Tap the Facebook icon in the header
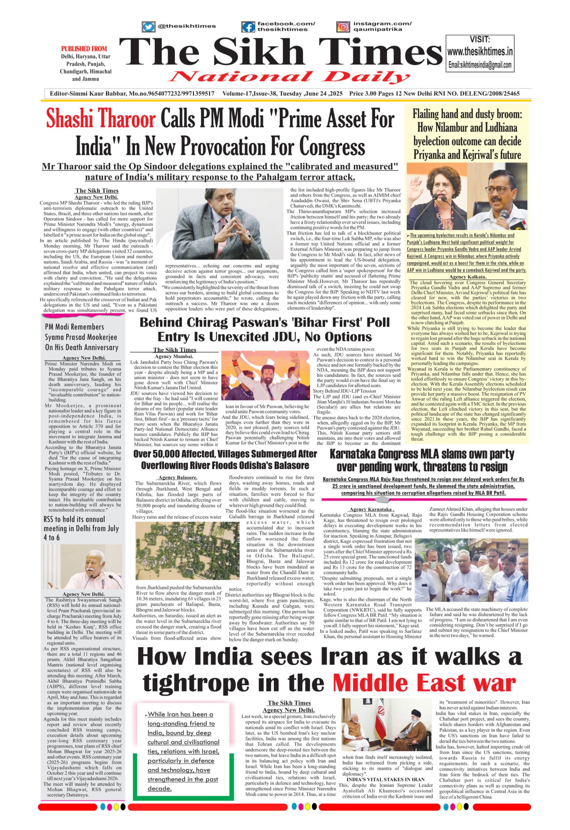coord(247,27)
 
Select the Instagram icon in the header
coord(343,27)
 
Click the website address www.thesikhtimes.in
coord(480,52)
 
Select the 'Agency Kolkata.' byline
coord(467,277)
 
